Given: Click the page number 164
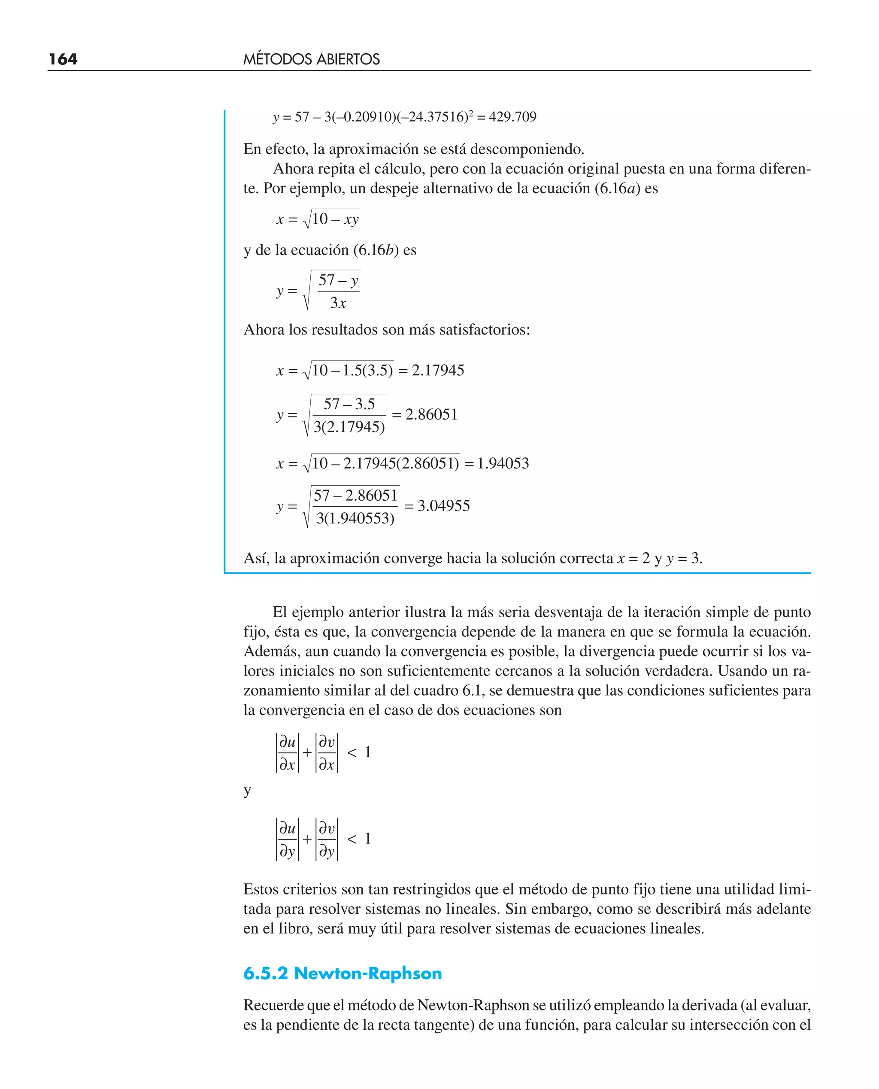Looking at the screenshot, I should pos(63,59).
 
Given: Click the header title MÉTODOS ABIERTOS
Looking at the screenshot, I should pos(312,59).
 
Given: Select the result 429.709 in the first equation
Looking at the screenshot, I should pos(512,117).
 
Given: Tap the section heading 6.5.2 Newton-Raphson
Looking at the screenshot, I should pos(342,973).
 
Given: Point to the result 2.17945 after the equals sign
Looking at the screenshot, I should pos(438,370).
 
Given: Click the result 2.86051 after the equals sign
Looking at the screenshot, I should pos(431,414).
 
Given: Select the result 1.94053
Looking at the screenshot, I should pos(503,463).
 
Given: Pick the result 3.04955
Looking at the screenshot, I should pos(443,505).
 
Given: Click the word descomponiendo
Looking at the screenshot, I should pos(527,149).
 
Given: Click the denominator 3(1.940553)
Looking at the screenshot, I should pos(355,518).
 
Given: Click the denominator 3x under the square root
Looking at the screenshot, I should pos(338,303).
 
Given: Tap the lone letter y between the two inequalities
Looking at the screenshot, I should pos(247,790).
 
